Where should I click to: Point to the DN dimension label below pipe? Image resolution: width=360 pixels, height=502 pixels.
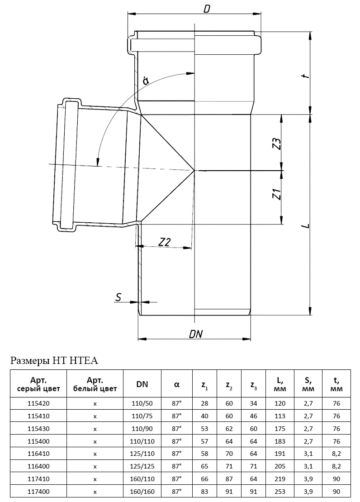(195, 334)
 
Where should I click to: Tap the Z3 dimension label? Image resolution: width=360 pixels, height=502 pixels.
(277, 143)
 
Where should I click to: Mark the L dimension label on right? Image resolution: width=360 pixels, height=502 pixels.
(307, 225)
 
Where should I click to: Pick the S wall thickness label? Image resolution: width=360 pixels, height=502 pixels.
(118, 297)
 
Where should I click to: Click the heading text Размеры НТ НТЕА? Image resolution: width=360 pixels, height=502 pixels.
(54, 361)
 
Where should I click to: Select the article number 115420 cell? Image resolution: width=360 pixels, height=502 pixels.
(38, 403)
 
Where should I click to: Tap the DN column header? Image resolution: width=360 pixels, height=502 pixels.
(142, 384)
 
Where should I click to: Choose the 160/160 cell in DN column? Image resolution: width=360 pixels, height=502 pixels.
(142, 491)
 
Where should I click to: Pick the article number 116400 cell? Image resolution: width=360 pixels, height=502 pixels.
(38, 465)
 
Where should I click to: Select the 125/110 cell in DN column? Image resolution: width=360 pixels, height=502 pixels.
(142, 453)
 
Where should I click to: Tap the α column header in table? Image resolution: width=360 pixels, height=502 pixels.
(177, 384)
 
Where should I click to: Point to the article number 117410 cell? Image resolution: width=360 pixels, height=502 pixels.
(38, 478)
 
